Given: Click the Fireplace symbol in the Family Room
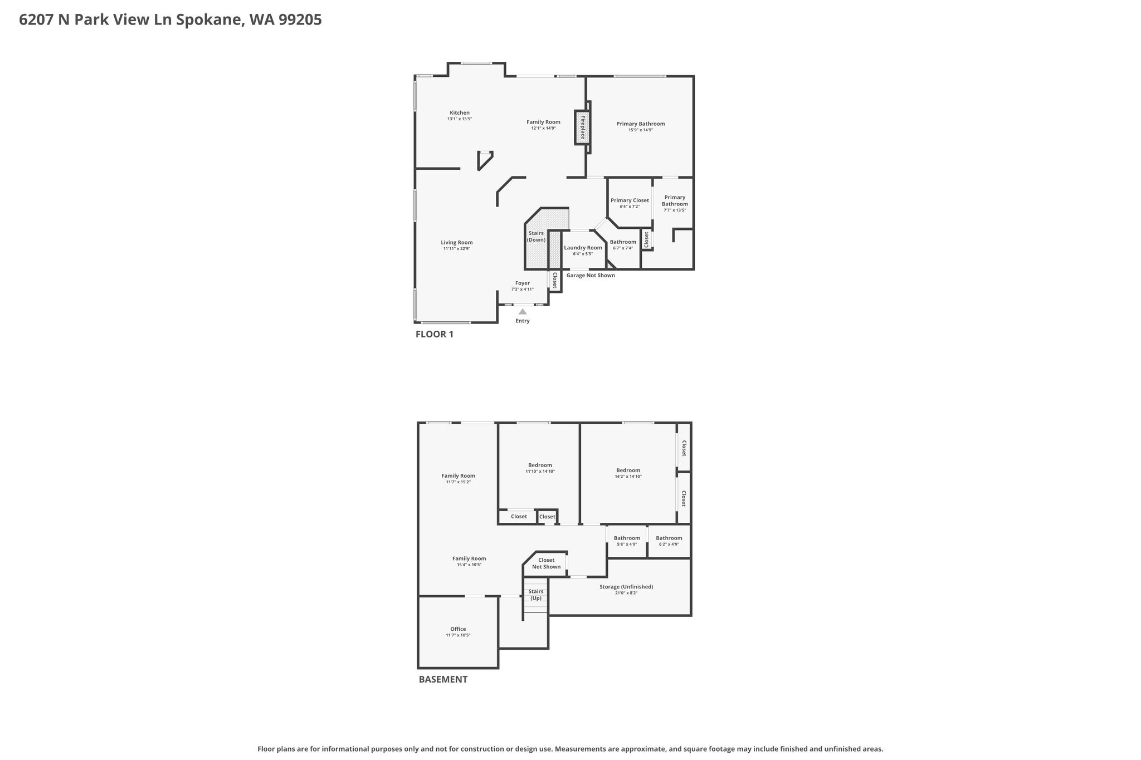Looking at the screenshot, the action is coord(582,128).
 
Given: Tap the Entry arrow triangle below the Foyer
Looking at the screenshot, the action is coord(523,312).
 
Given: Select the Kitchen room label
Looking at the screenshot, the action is coord(460,112).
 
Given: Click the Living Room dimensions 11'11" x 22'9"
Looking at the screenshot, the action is coord(457,249).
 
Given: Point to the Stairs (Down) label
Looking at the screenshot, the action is coord(536,237).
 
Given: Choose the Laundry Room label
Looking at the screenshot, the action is coord(583,248).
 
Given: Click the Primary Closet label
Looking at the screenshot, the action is coord(630,200).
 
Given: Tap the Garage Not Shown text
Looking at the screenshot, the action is coord(591,275).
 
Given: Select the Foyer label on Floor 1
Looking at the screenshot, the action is coord(523,283).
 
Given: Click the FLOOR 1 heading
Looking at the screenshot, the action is coord(435,334).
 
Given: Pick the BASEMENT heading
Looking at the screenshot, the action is coord(443,679).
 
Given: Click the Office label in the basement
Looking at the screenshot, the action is coord(458,629).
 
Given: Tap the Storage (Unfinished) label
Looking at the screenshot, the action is coord(626,587).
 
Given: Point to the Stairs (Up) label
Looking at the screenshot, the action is coord(536,595).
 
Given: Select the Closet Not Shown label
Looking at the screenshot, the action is coord(546,563).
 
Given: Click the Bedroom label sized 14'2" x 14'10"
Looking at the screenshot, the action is coord(628,470).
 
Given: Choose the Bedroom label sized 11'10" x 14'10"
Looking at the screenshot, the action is coord(540,465).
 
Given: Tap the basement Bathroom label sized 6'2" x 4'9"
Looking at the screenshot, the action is coord(669,538).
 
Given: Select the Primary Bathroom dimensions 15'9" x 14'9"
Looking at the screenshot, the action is coord(641,130).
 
